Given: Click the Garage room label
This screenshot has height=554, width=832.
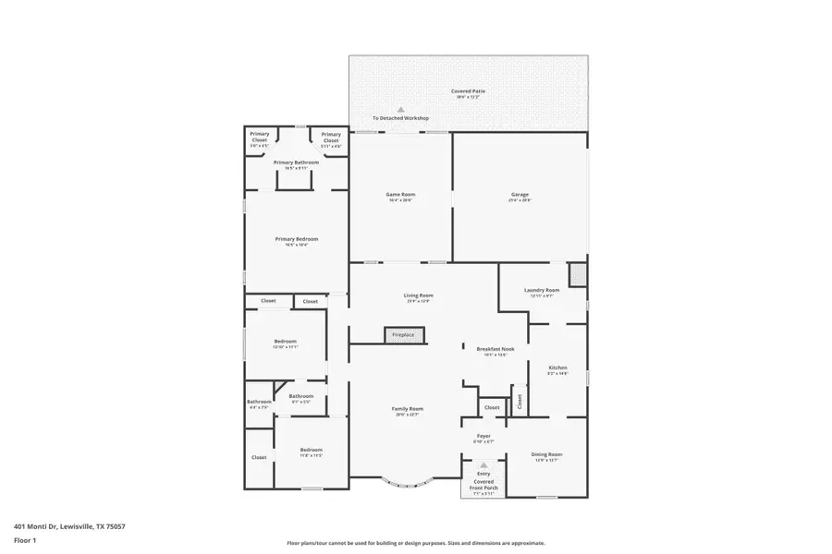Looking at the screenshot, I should point(520,195).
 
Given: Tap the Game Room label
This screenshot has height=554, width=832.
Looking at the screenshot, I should point(400,195).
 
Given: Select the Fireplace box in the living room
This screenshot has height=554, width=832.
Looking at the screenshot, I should point(404,334).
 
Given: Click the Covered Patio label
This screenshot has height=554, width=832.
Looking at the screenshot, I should point(468,91).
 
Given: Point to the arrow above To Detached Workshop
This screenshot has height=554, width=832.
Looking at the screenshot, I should point(400,109).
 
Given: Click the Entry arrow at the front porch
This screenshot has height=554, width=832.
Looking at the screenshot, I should point(483,465).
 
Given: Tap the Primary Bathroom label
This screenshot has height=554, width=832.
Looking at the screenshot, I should point(296,163).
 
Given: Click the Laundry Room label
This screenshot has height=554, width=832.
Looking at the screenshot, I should point(542,291).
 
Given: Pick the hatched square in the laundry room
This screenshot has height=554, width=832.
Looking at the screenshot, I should point(578,274).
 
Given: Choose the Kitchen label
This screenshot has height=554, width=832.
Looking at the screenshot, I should point(557,367).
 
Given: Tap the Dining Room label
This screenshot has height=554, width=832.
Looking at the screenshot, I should point(546,454).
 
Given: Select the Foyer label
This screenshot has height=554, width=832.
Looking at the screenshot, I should point(483,436).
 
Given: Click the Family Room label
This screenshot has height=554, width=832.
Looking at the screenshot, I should point(408,409).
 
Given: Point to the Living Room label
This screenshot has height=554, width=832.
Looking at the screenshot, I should point(418,295).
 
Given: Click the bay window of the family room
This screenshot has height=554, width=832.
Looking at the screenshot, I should point(407,481).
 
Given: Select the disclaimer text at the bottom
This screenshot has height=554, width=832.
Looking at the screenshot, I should point(416,543).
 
